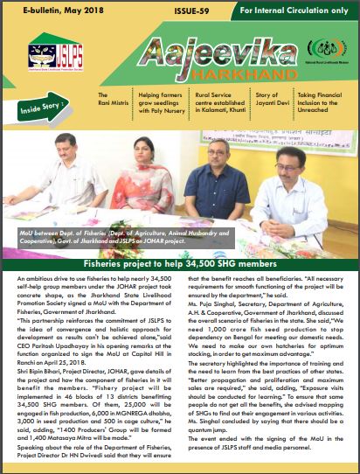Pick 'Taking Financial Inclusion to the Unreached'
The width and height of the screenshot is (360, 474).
tap(319, 104)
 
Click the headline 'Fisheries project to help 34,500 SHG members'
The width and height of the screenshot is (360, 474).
tap(180, 262)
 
